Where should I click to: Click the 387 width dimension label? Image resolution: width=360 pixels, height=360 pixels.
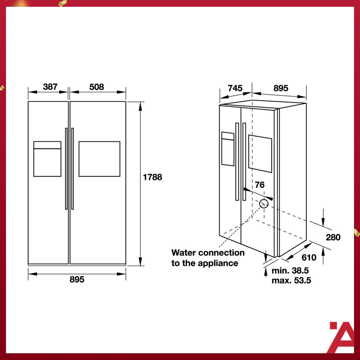(50, 87)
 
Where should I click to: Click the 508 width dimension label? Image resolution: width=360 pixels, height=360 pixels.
(96, 87)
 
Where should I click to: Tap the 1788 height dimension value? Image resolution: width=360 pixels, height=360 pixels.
(153, 177)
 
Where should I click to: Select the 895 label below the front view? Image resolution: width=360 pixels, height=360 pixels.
(76, 279)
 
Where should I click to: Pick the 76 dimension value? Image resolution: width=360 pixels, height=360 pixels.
(259, 185)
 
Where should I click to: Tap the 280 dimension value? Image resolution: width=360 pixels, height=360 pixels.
(333, 237)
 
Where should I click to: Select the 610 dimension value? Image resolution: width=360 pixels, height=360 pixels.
(309, 258)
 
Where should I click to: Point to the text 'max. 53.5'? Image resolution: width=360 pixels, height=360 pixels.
(291, 280)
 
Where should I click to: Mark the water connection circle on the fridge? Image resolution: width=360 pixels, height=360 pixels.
(264, 204)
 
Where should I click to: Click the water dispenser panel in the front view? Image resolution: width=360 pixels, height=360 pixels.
(47, 159)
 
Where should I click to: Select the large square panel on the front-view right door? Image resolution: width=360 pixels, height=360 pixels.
(99, 159)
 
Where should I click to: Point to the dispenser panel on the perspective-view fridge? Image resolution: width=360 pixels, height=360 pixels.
(228, 148)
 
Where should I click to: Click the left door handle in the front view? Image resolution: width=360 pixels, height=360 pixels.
(66, 169)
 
